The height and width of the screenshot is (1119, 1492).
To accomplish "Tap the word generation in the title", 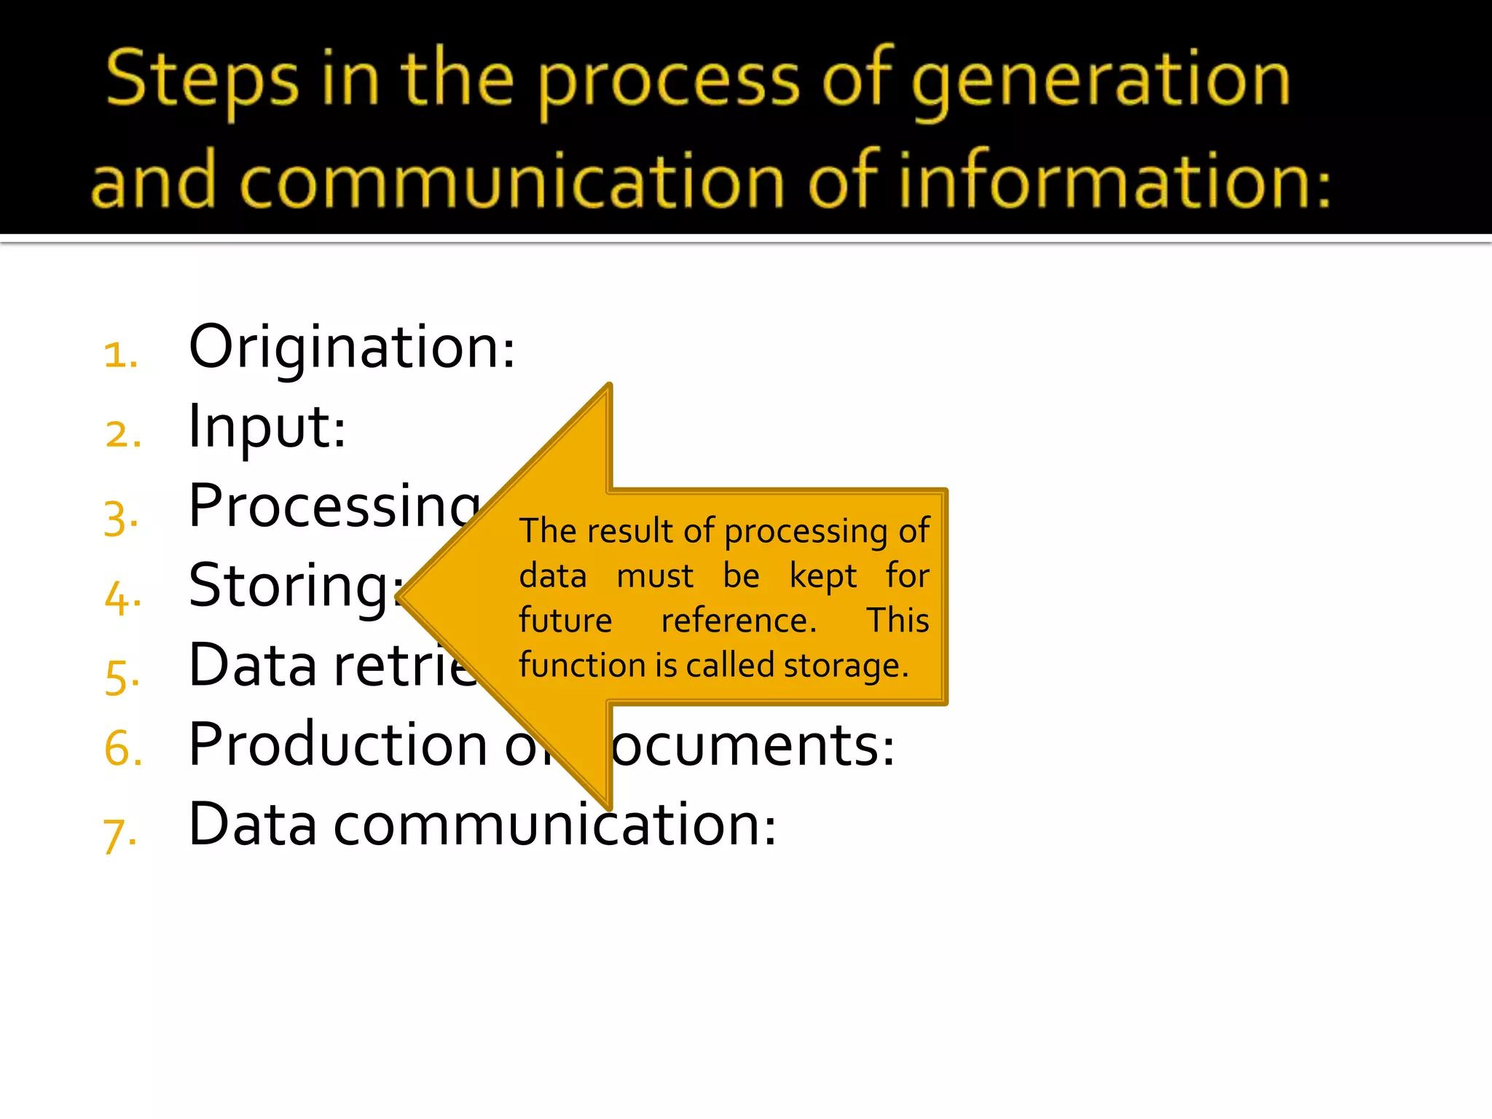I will click(1100, 80).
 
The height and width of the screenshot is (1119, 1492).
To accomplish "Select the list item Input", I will click(267, 427).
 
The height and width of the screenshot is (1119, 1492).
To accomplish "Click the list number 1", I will click(120, 356).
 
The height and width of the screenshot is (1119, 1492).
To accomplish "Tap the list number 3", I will click(120, 519).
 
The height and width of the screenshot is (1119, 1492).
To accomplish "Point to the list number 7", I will click(119, 835).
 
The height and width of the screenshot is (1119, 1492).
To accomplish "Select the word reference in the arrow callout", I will click(738, 621).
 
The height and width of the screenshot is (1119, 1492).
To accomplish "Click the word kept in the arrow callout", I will click(823, 576).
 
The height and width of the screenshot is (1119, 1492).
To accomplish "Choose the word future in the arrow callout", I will click(565, 621).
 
